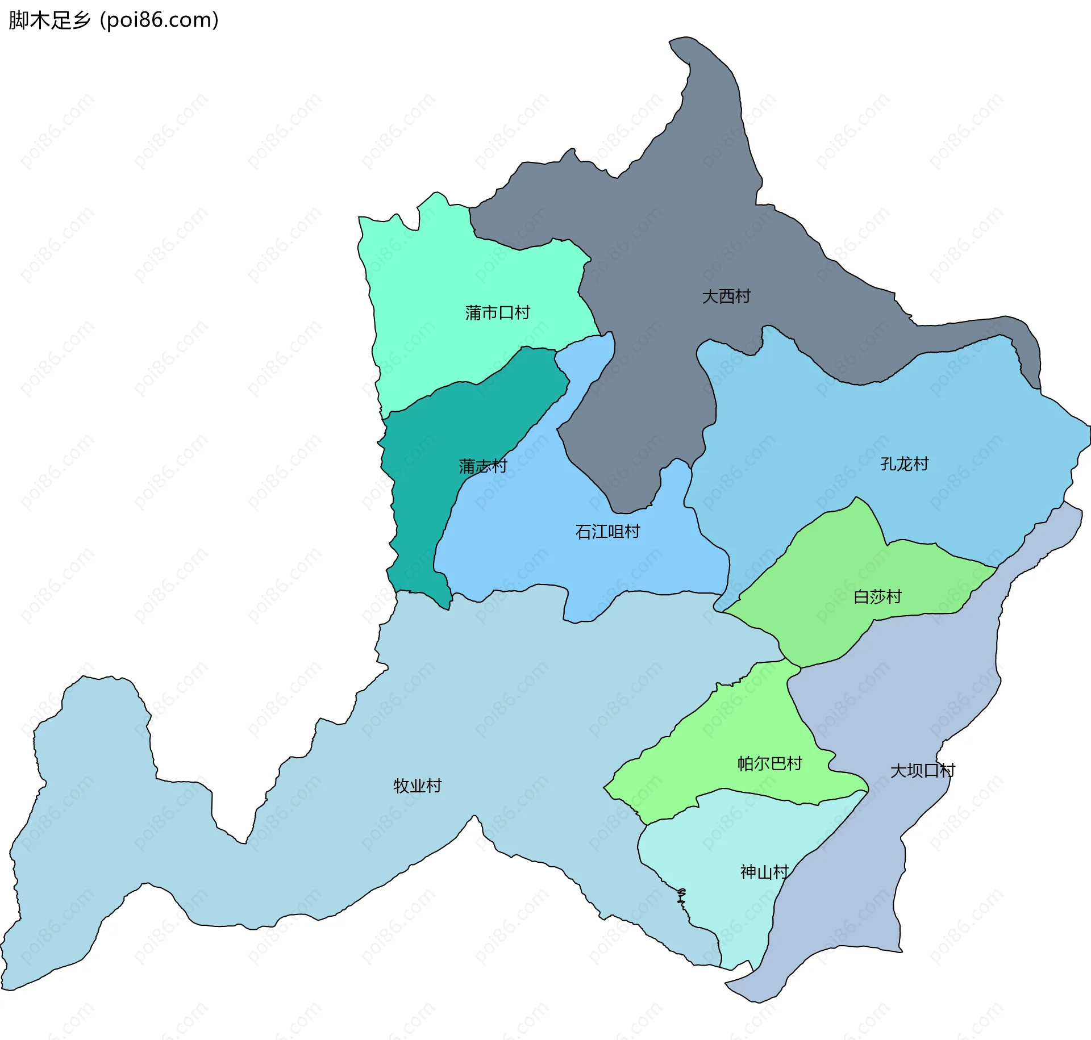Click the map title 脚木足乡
tap(50, 20)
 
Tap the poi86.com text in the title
tap(159, 20)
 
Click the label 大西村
tap(726, 296)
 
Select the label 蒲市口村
tap(497, 313)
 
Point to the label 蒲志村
tap(482, 467)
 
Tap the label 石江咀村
tap(607, 532)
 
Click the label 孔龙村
tap(904, 464)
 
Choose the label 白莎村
tap(877, 597)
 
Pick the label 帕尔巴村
tap(769, 763)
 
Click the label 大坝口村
tap(922, 771)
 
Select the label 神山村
tap(764, 872)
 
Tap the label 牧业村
tap(418, 786)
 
